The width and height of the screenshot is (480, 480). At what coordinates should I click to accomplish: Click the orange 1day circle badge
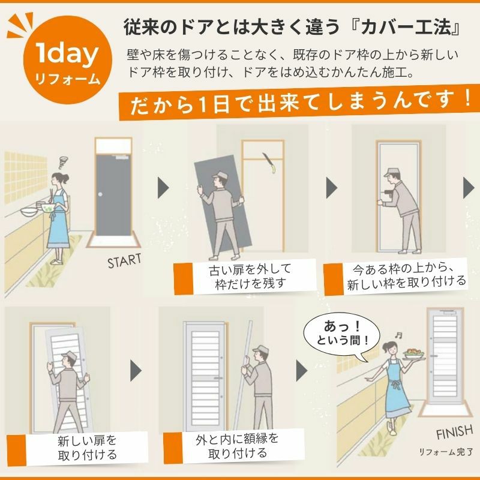pyautogui.click(x=67, y=60)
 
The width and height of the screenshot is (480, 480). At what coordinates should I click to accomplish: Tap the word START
pyautogui.click(x=124, y=261)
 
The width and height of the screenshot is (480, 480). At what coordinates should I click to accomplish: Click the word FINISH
pyautogui.click(x=455, y=431)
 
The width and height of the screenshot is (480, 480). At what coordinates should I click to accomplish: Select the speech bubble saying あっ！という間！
pyautogui.click(x=342, y=335)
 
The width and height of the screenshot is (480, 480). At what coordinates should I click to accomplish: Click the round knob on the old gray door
pyautogui.click(x=100, y=194)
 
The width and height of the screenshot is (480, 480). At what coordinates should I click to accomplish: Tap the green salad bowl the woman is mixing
pyautogui.click(x=48, y=208)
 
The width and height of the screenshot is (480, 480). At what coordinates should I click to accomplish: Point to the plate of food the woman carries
pyautogui.click(x=414, y=354)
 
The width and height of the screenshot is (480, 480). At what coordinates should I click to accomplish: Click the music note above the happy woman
pyautogui.click(x=398, y=335)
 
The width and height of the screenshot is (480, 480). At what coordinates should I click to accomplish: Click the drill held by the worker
pyautogui.click(x=388, y=193)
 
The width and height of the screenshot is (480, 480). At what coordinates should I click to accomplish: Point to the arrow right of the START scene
pyautogui.click(x=163, y=187)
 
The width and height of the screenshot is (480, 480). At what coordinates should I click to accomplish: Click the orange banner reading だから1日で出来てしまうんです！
pyautogui.click(x=299, y=103)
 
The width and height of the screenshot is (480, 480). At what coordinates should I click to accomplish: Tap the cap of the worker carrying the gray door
pyautogui.click(x=220, y=175)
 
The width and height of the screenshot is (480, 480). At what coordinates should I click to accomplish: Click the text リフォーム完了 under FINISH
pyautogui.click(x=446, y=452)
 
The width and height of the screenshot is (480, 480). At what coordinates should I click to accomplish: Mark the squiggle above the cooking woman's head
pyautogui.click(x=64, y=162)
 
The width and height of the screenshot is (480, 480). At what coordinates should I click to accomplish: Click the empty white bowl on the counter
pyautogui.click(x=29, y=211)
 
